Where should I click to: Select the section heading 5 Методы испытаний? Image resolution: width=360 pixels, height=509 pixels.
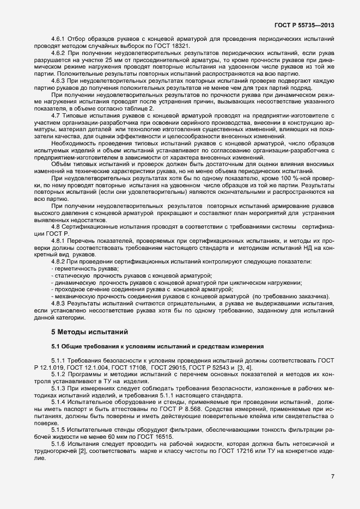pos(82,331)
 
